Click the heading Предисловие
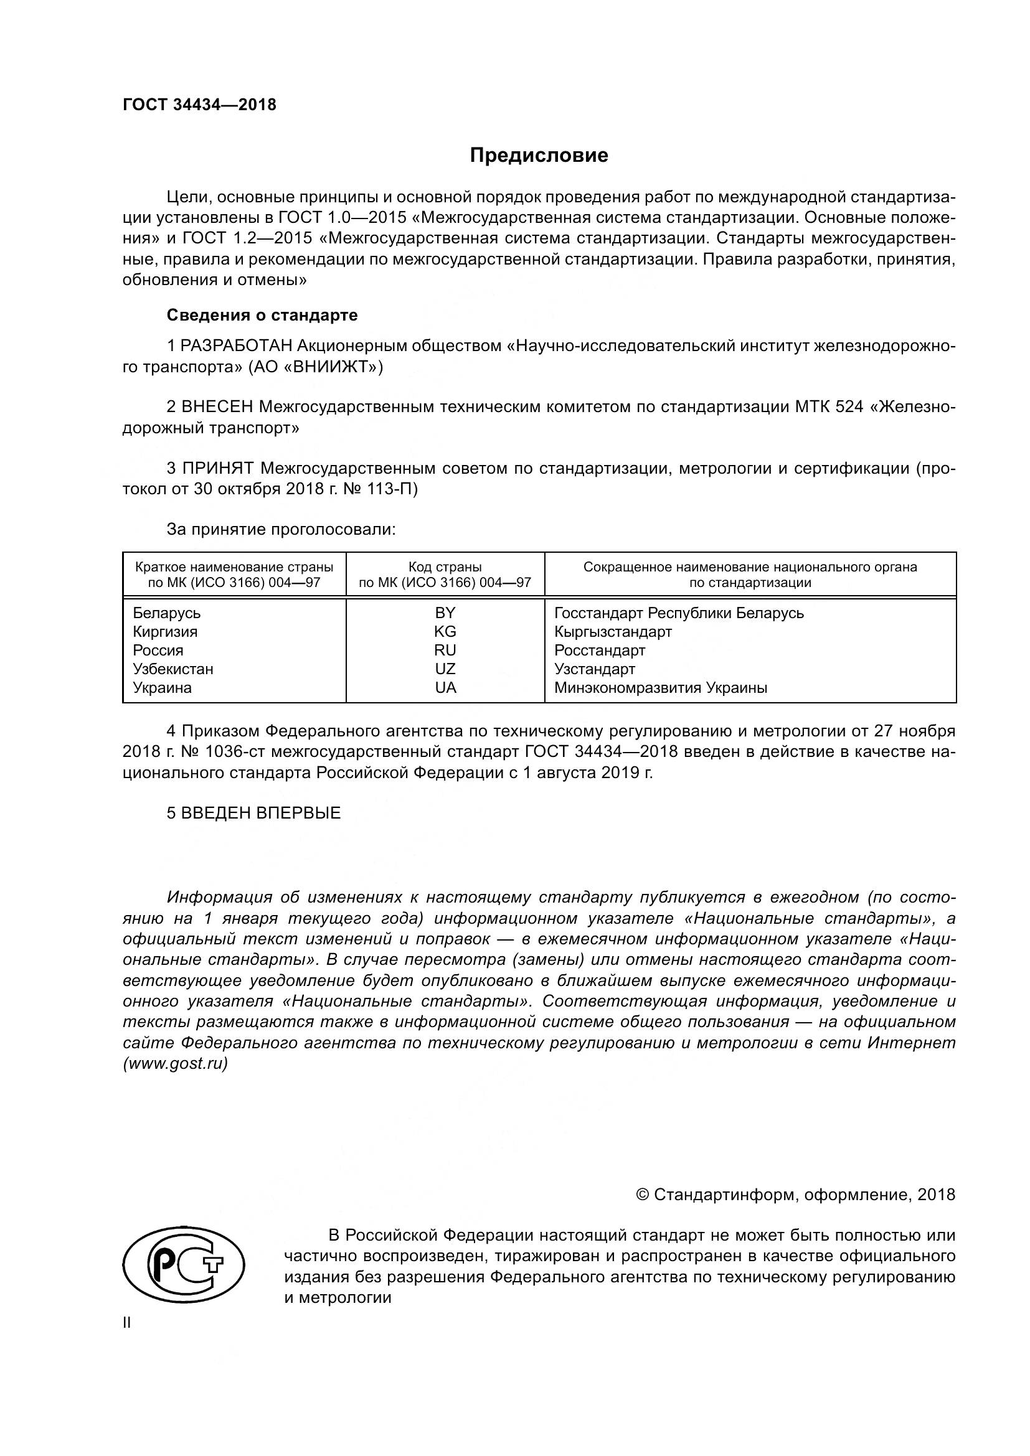(x=539, y=156)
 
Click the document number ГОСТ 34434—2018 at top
(x=199, y=105)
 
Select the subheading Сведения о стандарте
(x=262, y=315)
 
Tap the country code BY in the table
(x=445, y=613)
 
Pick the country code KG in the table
(x=445, y=632)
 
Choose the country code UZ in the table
(x=445, y=669)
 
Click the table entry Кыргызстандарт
(x=613, y=632)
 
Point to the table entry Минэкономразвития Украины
(x=660, y=688)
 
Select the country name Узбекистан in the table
(x=173, y=669)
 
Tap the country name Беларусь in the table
(x=167, y=613)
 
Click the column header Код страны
(x=445, y=567)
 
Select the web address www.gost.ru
(x=176, y=1064)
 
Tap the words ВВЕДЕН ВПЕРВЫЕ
(x=261, y=814)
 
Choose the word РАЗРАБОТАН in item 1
(x=237, y=346)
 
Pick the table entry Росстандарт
(x=599, y=651)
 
